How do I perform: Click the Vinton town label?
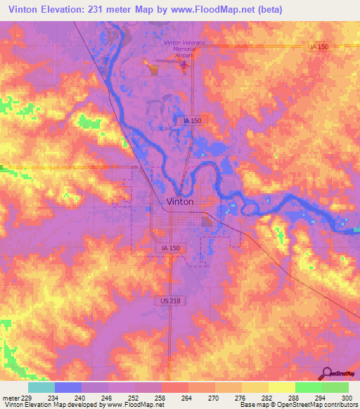181,201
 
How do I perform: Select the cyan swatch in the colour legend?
41,387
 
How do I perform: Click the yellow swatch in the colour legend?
281,387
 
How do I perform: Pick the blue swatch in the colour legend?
68,387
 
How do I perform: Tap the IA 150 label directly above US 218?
167,249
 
